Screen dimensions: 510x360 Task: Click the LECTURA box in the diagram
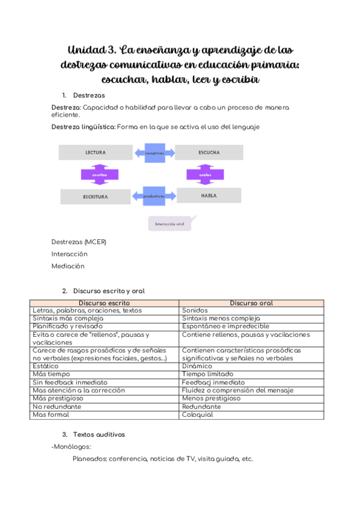(x=96, y=153)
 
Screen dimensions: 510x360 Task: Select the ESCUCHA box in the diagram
(x=209, y=153)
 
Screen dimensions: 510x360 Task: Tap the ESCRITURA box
(x=96, y=197)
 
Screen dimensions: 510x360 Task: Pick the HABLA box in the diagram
(x=209, y=195)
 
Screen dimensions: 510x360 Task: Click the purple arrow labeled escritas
(x=100, y=174)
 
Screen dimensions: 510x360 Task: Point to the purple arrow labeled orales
(x=206, y=174)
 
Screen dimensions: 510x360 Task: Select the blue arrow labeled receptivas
(x=154, y=153)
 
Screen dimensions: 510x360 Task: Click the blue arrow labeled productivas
(x=154, y=196)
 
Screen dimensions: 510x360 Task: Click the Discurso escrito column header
(x=105, y=303)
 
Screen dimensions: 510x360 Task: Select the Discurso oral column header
(x=251, y=303)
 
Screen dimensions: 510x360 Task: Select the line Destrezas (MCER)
(x=79, y=242)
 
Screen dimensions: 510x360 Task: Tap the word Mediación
(x=68, y=266)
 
